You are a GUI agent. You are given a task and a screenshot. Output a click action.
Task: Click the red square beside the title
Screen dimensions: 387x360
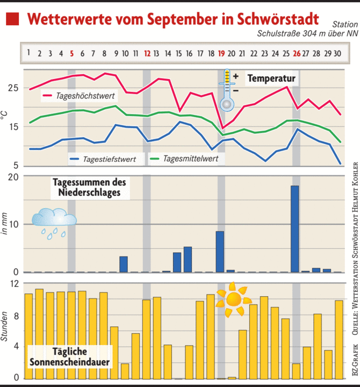(12, 19)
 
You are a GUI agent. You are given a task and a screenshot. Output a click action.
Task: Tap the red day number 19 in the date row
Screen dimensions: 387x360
(221, 53)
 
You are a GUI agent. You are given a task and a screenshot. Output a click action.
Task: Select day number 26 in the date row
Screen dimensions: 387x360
(297, 53)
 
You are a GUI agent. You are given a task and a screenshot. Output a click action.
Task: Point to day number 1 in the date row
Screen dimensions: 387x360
(28, 53)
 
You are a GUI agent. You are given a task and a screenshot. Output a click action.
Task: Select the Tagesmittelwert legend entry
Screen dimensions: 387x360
(188, 159)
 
